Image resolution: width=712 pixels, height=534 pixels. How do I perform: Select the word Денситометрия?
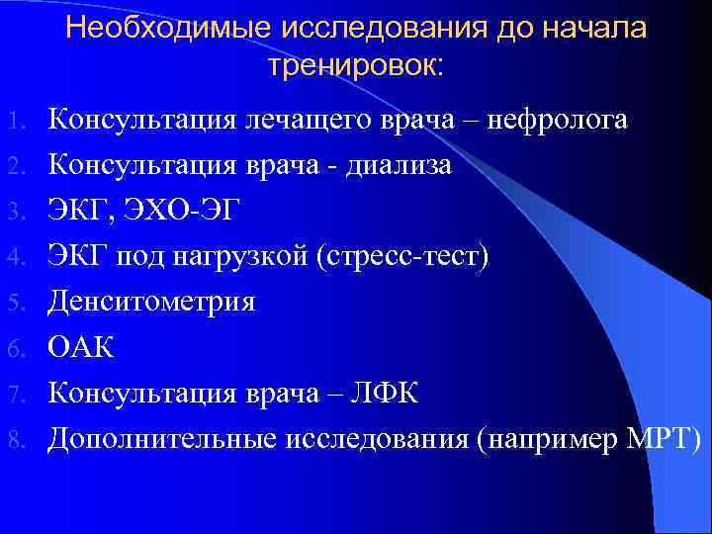tap(151, 302)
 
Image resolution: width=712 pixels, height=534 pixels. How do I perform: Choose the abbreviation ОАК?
tap(82, 347)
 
